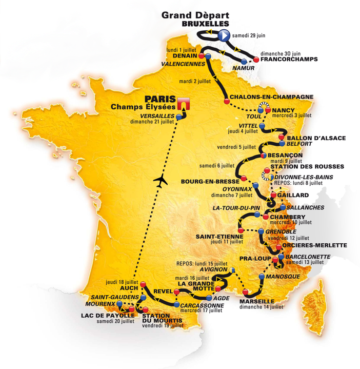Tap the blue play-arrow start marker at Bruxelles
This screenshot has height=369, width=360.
coord(224,35)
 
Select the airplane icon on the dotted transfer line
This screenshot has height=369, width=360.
coord(161,180)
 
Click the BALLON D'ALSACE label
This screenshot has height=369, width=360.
coord(316,138)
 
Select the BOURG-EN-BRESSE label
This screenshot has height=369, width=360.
coord(210,181)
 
